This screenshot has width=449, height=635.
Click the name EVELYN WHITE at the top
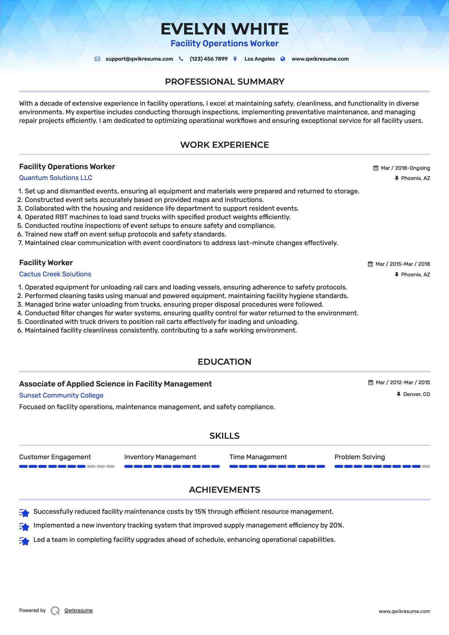coord(224,29)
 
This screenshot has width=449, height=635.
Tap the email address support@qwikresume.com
coord(139,59)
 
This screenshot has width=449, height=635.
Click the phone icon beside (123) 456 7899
coord(181,59)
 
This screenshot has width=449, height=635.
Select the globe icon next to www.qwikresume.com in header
coord(283,59)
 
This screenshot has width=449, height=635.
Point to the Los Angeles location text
coord(259,59)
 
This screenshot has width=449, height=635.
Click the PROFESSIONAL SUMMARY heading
coord(224,82)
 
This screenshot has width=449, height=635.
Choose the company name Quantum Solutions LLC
coord(56,178)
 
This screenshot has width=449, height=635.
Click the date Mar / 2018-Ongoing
coord(405,168)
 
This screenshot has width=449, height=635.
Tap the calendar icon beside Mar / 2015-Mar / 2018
coord(370,264)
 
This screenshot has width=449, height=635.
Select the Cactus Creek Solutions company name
coord(55,274)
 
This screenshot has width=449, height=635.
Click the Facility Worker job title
coord(46,263)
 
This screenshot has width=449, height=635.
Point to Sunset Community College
coord(61,395)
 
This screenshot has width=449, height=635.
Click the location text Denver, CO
coord(416,394)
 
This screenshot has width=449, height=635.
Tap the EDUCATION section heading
coord(224,362)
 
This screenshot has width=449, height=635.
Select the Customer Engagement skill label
coord(55,457)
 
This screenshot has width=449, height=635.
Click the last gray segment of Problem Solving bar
coord(426,467)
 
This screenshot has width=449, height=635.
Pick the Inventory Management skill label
coord(160,457)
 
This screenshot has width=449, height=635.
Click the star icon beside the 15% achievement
coord(24,512)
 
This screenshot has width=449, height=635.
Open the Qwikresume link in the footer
coord(79,610)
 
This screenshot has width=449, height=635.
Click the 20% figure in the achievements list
coord(336,525)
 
